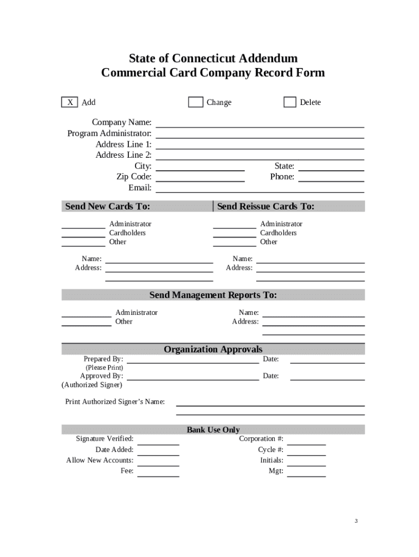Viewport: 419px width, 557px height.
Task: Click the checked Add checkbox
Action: point(69,102)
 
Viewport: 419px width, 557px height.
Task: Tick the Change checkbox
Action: point(195,102)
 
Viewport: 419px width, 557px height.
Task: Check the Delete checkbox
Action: point(289,102)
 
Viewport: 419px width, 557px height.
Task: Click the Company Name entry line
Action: point(260,125)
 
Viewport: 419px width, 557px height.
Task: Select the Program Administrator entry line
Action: point(260,135)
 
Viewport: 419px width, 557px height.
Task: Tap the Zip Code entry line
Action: point(200,179)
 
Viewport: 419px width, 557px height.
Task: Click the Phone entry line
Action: point(331,179)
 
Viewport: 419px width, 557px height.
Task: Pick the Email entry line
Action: point(260,190)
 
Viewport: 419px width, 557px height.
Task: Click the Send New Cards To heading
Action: point(108,207)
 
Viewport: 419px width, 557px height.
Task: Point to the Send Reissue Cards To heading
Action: point(266,207)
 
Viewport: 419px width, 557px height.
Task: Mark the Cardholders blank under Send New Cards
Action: point(83,235)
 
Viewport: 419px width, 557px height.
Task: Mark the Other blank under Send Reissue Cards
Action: point(234,244)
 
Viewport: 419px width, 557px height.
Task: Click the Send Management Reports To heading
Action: point(213,295)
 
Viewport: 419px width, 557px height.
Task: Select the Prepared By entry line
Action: point(193,361)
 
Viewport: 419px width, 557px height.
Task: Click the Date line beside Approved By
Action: point(327,378)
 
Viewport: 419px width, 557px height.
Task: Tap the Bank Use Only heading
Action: point(213,430)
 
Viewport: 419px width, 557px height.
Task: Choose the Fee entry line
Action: point(158,474)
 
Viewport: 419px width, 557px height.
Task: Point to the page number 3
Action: point(356,521)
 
